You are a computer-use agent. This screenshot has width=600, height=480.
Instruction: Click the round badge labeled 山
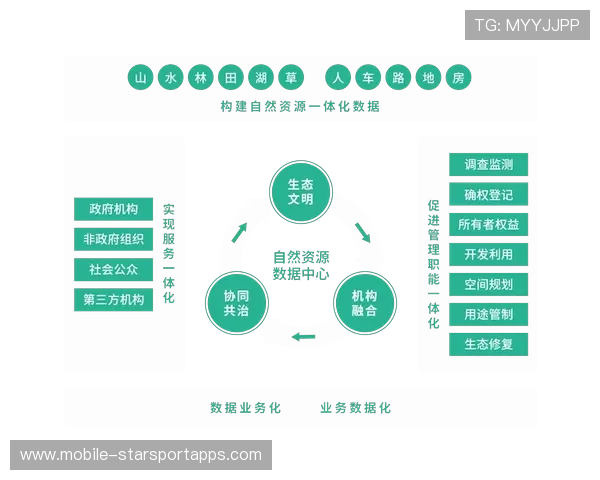click(140, 78)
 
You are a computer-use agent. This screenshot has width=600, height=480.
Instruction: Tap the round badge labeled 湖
click(261, 78)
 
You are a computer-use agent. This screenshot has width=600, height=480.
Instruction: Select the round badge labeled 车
click(368, 78)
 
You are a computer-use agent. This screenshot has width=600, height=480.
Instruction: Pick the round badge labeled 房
click(458, 78)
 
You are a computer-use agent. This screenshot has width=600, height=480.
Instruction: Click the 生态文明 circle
click(301, 192)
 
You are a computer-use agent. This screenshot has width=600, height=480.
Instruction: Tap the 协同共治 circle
click(237, 303)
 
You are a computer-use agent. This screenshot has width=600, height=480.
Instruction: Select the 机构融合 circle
click(365, 303)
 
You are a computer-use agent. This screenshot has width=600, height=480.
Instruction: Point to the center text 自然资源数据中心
click(301, 265)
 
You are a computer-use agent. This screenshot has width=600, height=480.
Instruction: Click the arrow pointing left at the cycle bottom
click(303, 337)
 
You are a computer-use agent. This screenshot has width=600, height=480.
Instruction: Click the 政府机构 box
click(114, 209)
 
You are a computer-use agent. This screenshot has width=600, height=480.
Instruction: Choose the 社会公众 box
click(114, 269)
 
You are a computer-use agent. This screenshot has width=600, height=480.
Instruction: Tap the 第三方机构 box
click(114, 299)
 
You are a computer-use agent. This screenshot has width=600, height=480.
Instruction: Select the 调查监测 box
click(489, 165)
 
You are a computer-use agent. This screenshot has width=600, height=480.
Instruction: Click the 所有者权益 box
click(489, 224)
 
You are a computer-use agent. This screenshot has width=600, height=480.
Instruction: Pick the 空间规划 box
click(489, 284)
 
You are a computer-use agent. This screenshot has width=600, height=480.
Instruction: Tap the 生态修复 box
click(489, 344)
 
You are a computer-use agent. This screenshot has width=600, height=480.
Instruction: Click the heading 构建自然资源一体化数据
click(300, 106)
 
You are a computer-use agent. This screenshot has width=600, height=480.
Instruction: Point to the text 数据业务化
click(246, 408)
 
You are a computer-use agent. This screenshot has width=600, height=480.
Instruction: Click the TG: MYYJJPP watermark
click(527, 25)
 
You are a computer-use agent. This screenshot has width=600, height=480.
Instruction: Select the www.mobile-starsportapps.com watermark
click(141, 455)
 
